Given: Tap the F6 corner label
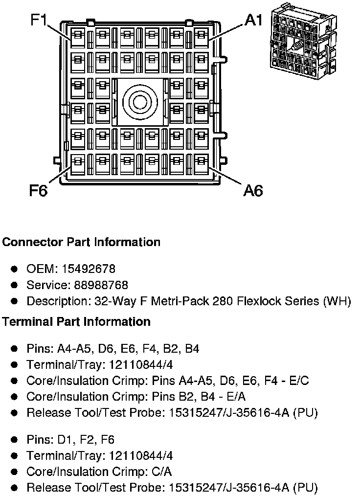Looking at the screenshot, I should (x=38, y=190).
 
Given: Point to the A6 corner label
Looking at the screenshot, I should (x=253, y=190).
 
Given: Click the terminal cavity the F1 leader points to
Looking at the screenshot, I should (x=78, y=37).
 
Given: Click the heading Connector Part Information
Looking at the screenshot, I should (x=81, y=242).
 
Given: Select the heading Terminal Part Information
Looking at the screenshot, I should (x=76, y=322).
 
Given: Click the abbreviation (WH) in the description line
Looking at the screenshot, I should (x=337, y=301).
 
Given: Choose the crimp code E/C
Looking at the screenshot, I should (x=298, y=381).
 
